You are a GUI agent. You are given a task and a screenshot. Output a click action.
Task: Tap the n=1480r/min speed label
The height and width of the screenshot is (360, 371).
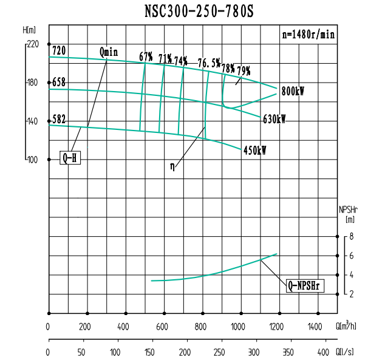coord(308,34)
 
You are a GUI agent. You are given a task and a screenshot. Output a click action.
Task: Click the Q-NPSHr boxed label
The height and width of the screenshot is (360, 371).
coord(305,285)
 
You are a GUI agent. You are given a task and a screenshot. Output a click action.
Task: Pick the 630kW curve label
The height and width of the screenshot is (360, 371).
coord(274,119)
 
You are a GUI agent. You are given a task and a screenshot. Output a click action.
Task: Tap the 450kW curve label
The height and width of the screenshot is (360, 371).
coord(255,150)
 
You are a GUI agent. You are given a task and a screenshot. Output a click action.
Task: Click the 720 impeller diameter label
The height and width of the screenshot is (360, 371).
coord(58,50)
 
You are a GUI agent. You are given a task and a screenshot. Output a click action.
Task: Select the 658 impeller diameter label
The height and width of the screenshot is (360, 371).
coord(58,82)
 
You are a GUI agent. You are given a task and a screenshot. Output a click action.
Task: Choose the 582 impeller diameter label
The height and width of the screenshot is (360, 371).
coord(58,119)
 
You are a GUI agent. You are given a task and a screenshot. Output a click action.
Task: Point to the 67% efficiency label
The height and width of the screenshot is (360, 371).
coord(146,57)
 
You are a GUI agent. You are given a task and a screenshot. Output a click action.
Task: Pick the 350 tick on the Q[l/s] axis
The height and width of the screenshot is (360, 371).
coord(289,352)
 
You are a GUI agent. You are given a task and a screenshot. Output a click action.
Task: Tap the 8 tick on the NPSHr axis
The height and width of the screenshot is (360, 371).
coord(352,237)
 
